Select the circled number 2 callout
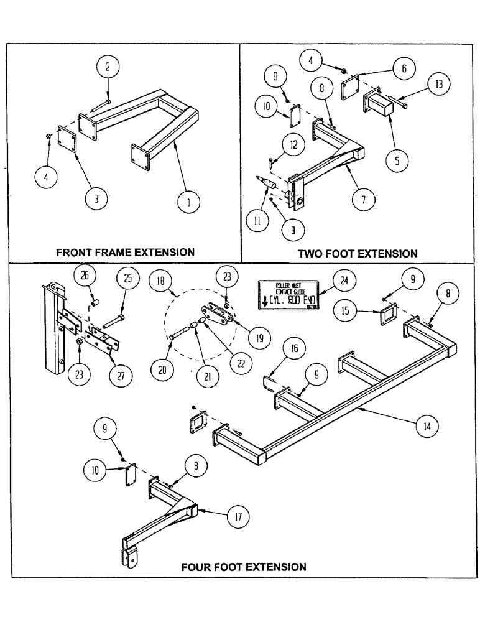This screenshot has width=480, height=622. point(108,66)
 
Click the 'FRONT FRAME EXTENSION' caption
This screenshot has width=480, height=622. point(125,252)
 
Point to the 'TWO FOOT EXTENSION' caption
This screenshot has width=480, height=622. point(358,253)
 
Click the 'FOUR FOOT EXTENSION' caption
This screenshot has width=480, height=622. point(243,567)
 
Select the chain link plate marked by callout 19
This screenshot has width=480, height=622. point(214,315)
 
